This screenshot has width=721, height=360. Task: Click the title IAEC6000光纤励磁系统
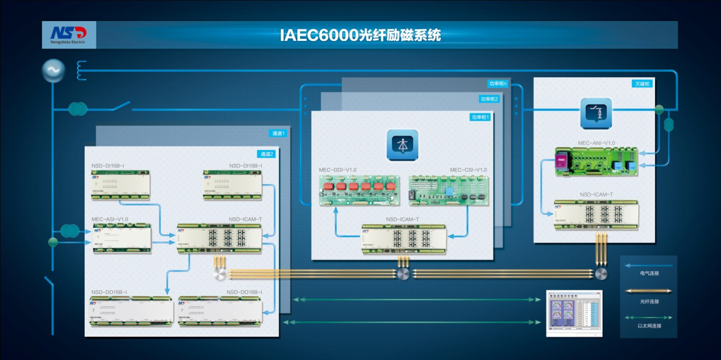[x=360, y=35]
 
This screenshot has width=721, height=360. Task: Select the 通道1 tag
[x=278, y=133]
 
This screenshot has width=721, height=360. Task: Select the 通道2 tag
[x=266, y=154]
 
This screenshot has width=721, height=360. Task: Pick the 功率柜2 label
[x=489, y=99]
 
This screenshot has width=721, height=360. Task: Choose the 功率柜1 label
[x=480, y=118]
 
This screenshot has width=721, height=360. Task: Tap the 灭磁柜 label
[x=642, y=84]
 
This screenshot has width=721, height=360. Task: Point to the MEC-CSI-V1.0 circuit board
[x=448, y=190]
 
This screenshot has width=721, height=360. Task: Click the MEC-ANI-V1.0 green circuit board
[x=596, y=161]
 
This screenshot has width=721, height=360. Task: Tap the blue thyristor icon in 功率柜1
[x=402, y=144]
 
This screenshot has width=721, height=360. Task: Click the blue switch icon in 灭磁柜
[x=595, y=112]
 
